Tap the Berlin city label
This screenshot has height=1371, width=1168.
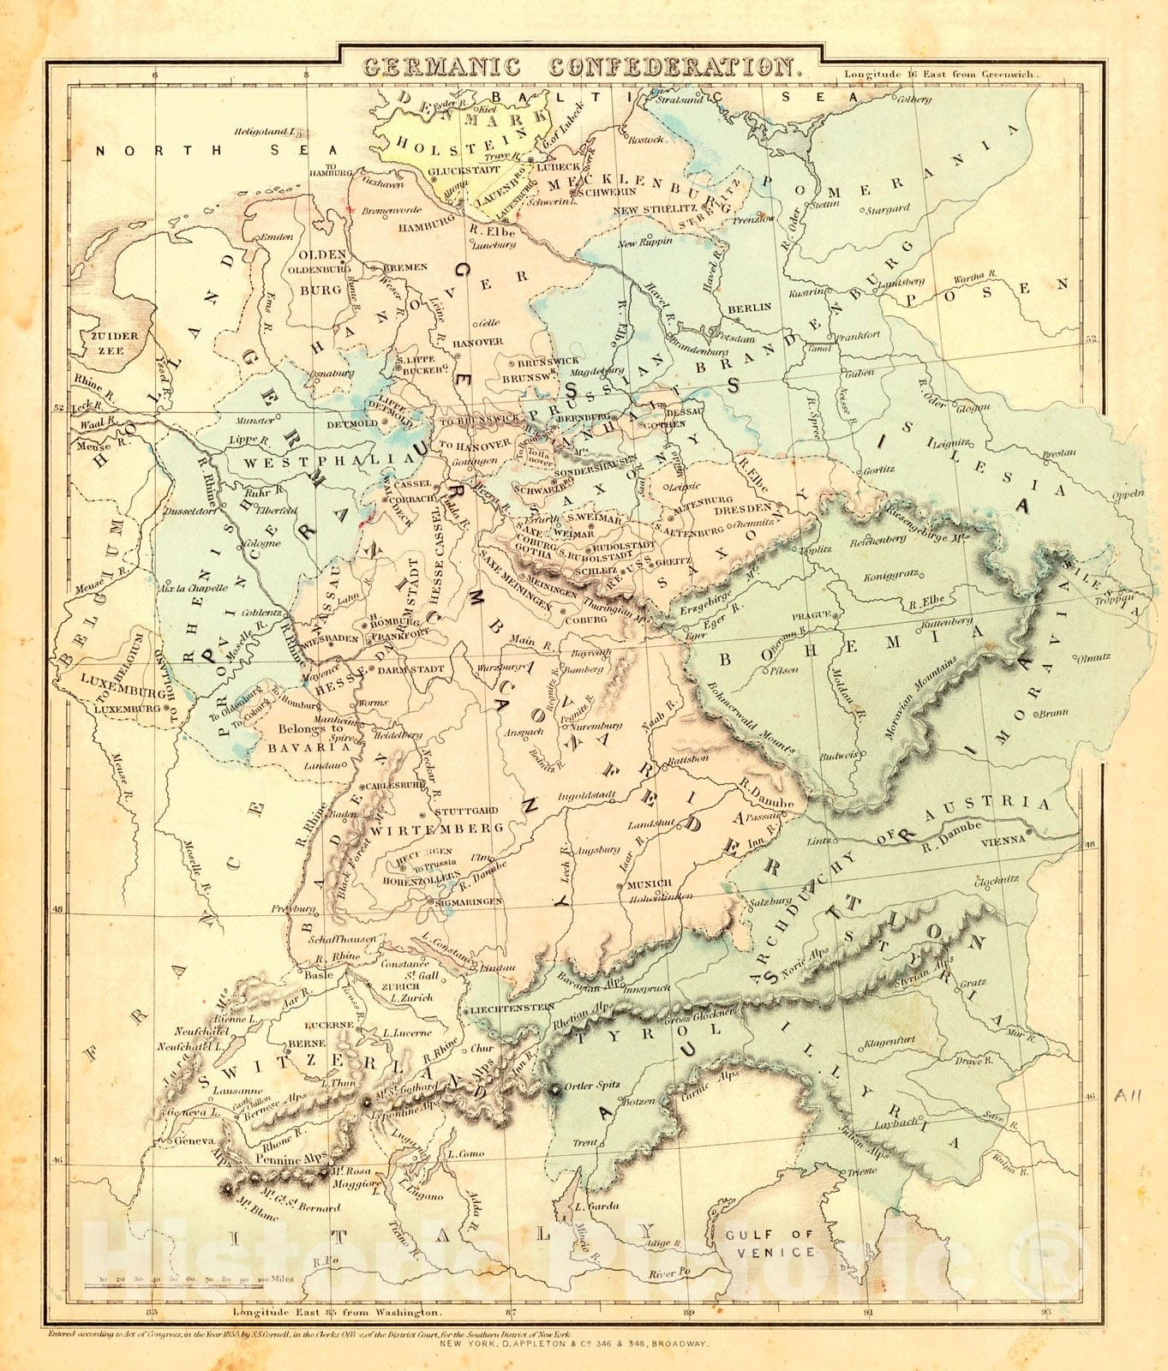(x=750, y=307)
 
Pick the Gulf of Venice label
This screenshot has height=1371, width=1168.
(x=768, y=1242)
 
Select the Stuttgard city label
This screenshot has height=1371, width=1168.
(x=466, y=811)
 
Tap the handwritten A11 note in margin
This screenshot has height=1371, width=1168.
(x=1129, y=1095)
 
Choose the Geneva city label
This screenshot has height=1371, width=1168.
(x=192, y=1141)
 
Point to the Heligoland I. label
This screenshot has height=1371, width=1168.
(x=265, y=131)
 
